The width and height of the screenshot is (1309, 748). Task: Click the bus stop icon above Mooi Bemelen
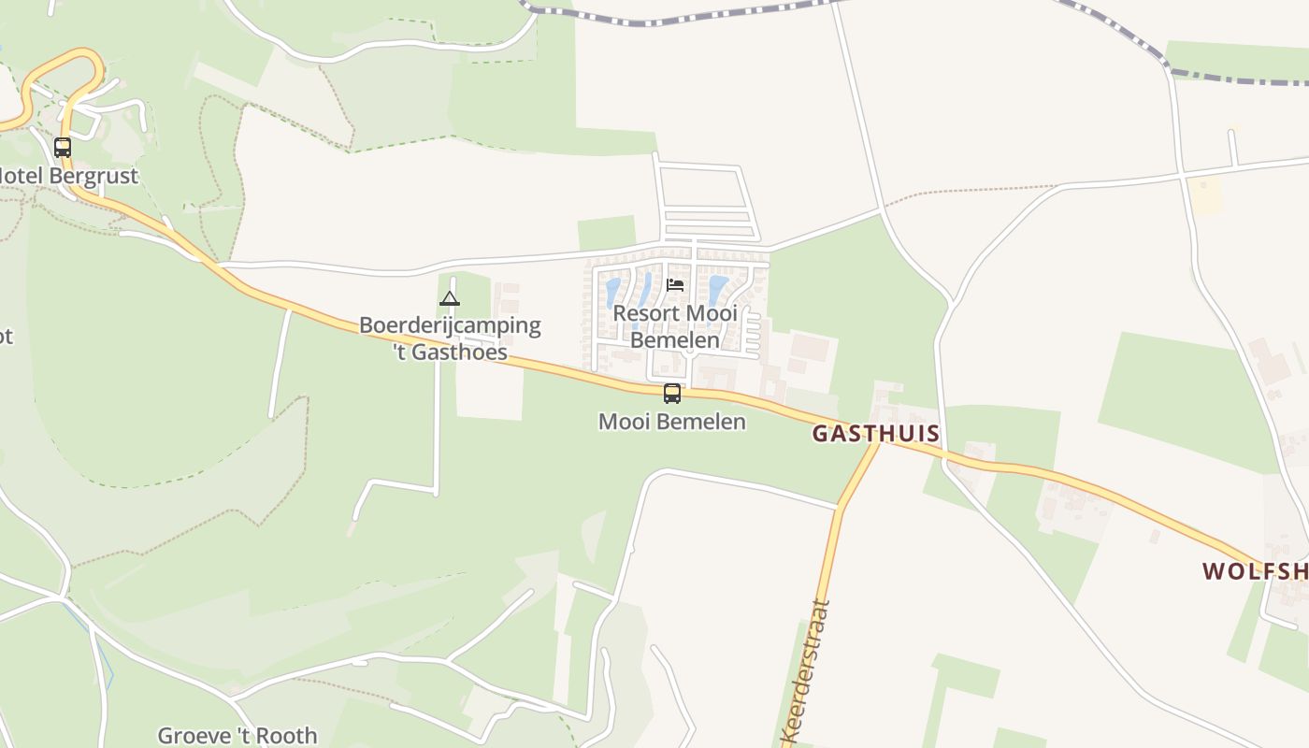(x=671, y=394)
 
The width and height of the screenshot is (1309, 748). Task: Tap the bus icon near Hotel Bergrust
(x=63, y=148)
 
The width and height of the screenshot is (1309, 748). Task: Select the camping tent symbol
(x=450, y=299)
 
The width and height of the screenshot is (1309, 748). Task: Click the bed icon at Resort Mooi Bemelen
(x=675, y=285)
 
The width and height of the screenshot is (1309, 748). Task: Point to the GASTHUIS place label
(x=875, y=434)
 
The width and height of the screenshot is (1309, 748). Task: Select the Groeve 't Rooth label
(x=237, y=736)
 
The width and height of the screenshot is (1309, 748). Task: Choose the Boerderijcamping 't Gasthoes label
(x=450, y=338)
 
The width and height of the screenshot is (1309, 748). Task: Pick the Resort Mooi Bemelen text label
(x=675, y=326)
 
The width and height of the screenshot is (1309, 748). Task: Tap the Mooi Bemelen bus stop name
(x=671, y=422)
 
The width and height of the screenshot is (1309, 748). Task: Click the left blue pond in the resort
(x=613, y=293)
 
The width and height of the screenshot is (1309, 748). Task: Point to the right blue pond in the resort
(x=717, y=289)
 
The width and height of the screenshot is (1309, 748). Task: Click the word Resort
(x=646, y=313)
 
